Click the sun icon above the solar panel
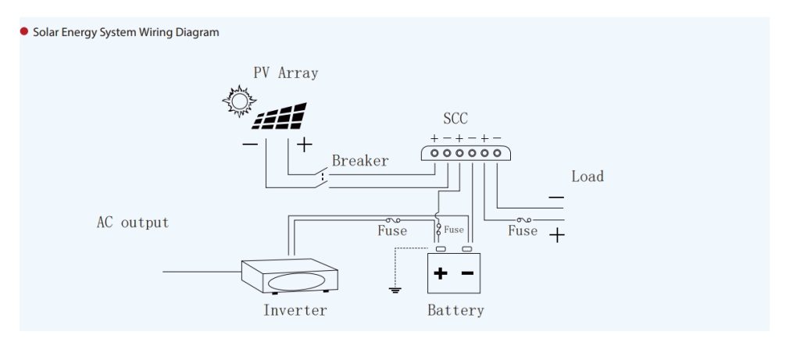pyautogui.click(x=238, y=99)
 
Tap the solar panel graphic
pyautogui.click(x=280, y=116)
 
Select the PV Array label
pyautogui.click(x=285, y=73)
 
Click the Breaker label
pyautogui.click(x=359, y=161)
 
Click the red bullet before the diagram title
pyautogui.click(x=24, y=32)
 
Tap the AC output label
pyautogui.click(x=132, y=223)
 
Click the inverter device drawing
pyautogui.click(x=289, y=276)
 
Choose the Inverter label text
pyautogui.click(x=295, y=310)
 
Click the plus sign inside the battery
pyautogui.click(x=441, y=273)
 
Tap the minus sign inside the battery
pyautogui.click(x=467, y=273)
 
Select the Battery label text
pyautogui.click(x=455, y=310)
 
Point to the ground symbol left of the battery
pyautogui.click(x=395, y=290)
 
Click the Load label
pyautogui.click(x=587, y=176)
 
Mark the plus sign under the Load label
pyautogui.click(x=556, y=235)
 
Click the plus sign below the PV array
pyautogui.click(x=304, y=144)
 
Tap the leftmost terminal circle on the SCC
pyautogui.click(x=434, y=153)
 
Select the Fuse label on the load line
pyautogui.click(x=523, y=231)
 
